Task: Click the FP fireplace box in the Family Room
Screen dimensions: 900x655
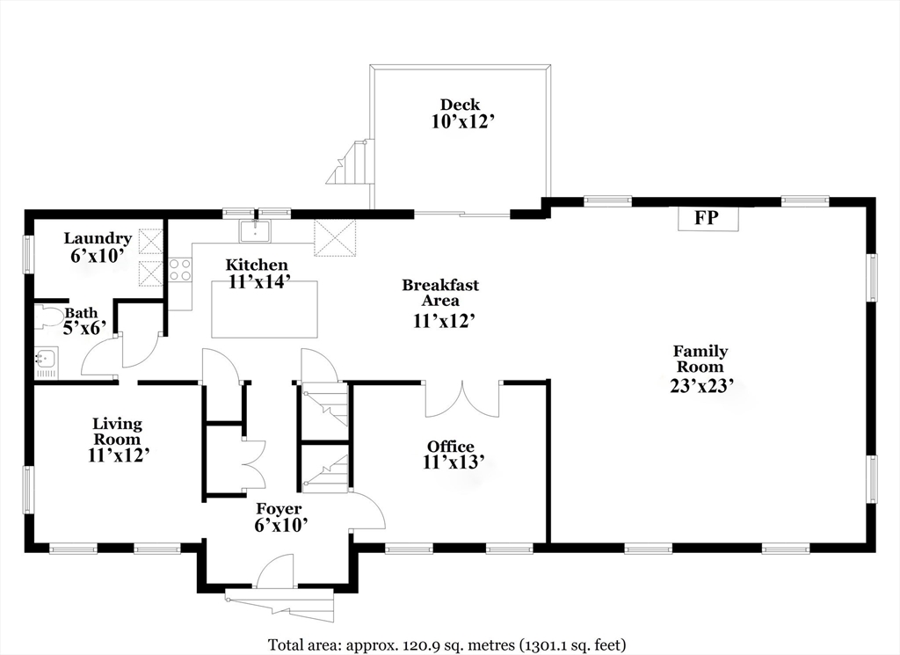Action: coord(708,219)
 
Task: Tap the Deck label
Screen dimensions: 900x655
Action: coord(460,105)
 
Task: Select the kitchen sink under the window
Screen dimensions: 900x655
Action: coord(256,230)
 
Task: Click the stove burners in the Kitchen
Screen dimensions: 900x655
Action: coord(180,270)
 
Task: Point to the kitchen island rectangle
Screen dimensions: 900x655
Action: coord(264,309)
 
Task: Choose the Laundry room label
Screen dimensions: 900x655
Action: coord(98,238)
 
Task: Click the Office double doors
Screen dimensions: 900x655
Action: coord(462,399)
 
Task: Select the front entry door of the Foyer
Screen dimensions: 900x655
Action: coord(275,571)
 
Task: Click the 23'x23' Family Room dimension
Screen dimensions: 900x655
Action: coord(702,386)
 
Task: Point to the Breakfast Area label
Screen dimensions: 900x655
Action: coord(440,292)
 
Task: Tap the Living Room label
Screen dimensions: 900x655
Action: coord(117,431)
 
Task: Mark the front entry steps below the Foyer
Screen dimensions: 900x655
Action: coord(279,605)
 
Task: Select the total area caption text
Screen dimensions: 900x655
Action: coord(447,644)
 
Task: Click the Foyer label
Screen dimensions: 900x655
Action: coord(279,509)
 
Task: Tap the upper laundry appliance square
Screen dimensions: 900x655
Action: coord(151,241)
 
